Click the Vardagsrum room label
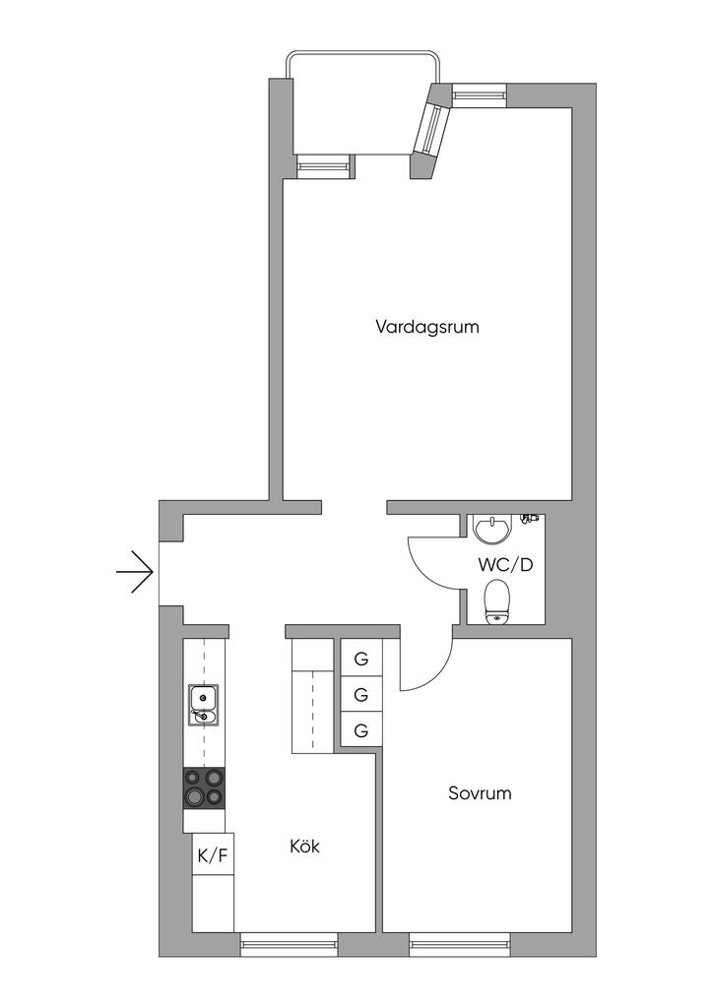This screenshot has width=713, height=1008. (x=426, y=326)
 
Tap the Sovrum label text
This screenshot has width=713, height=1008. (x=480, y=792)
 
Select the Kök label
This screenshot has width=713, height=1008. (x=305, y=846)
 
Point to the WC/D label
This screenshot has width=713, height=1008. (x=505, y=565)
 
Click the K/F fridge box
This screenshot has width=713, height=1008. (x=213, y=855)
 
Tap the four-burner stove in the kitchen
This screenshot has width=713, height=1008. (x=204, y=787)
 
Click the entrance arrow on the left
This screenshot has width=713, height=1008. (x=135, y=572)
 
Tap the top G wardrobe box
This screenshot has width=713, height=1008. (x=361, y=659)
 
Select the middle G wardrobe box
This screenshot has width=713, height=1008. (x=361, y=695)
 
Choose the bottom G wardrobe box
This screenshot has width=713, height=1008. (x=361, y=730)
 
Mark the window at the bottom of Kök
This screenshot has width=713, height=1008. (x=290, y=947)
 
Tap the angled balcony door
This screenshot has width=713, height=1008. (x=430, y=123)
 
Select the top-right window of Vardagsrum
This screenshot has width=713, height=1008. (x=479, y=95)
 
